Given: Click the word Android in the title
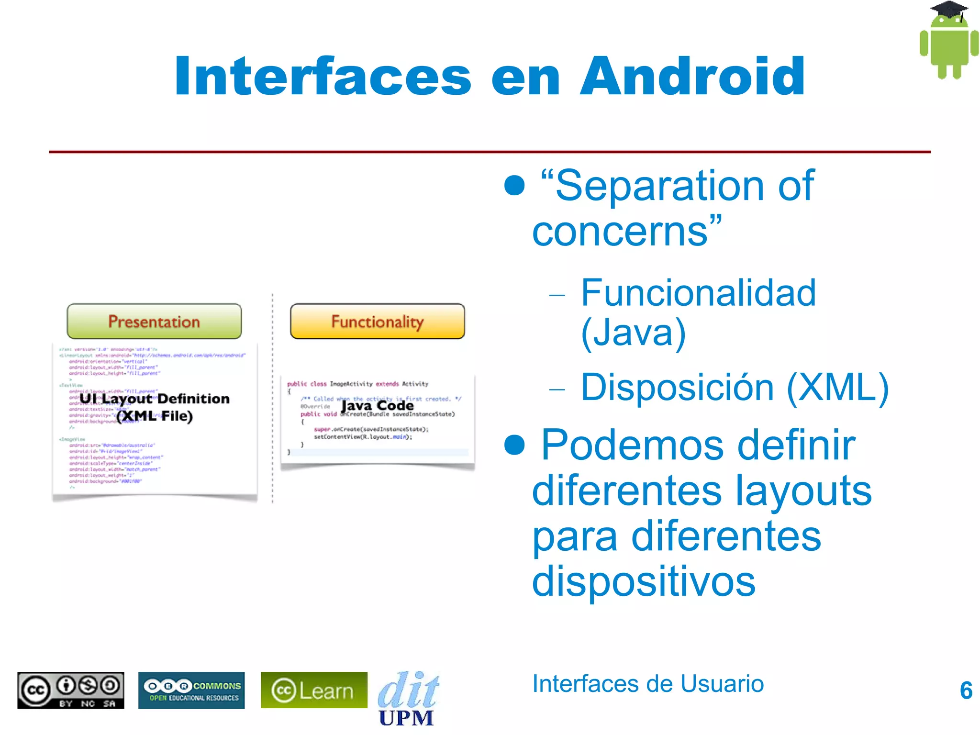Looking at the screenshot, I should coord(692,77).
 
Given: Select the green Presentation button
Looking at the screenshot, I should coord(154,322).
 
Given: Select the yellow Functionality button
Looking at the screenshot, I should coord(378,322).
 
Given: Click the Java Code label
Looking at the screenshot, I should coord(377,406).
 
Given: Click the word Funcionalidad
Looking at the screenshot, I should coord(698,293).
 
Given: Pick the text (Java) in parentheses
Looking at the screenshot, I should coord(633,333).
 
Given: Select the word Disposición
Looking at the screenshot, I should coord(677,387).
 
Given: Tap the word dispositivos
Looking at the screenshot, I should coord(644,581).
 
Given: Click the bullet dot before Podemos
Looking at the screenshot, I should coord(514,445).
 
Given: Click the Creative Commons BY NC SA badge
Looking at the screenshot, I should coord(71,690).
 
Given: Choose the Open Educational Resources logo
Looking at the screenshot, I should coord(191,690).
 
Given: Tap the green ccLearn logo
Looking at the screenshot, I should coord(314,690).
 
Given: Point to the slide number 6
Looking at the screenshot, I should coord(966,690).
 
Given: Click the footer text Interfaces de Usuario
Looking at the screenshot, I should coord(648,684).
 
